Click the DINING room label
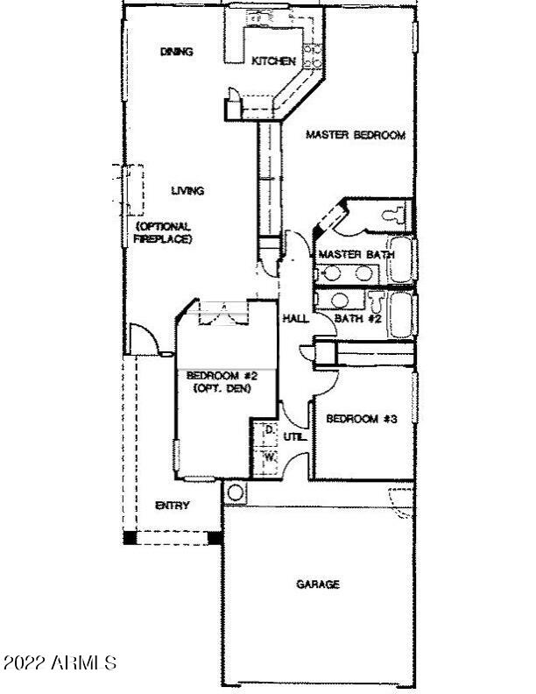[x=176, y=52]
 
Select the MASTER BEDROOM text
[x=355, y=135]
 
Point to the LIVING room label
[x=187, y=190]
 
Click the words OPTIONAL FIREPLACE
[x=163, y=232]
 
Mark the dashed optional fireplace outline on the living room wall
[x=132, y=189]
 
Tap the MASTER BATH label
[x=356, y=254]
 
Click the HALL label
[x=294, y=318]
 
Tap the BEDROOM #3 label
[x=362, y=419]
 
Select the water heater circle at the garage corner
[x=234, y=492]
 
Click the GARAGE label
[x=318, y=584]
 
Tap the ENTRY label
[x=173, y=506]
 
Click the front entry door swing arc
[x=142, y=338]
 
